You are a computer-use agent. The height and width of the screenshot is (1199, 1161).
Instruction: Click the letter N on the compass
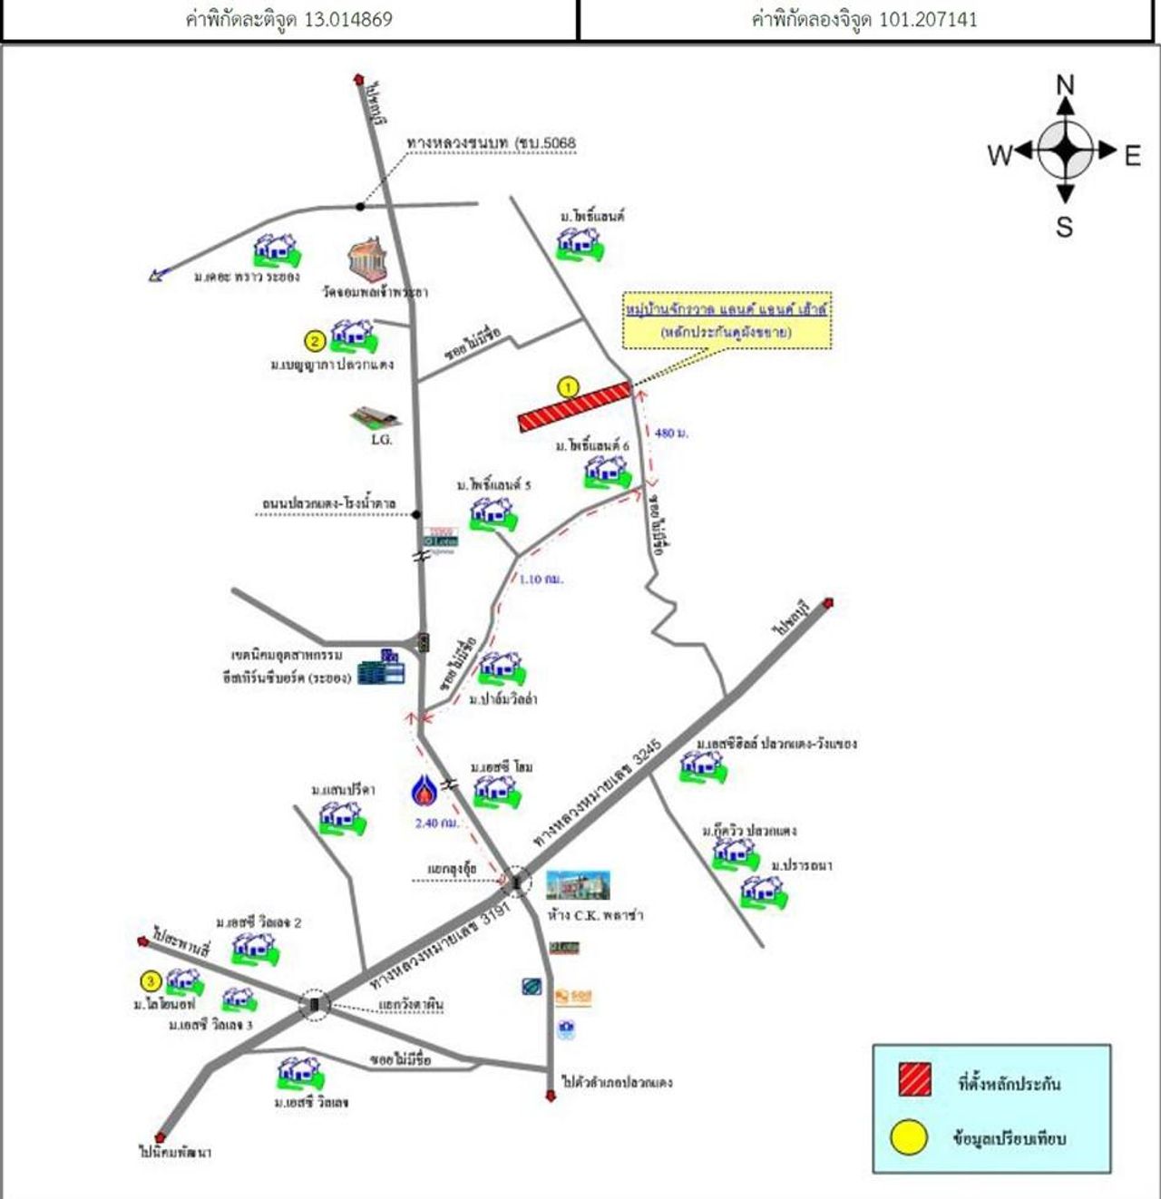pyautogui.click(x=1066, y=85)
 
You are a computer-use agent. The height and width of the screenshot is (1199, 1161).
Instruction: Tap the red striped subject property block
pyautogui.click(x=573, y=407)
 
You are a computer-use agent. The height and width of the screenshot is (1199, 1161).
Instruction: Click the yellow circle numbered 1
pyautogui.click(x=568, y=388)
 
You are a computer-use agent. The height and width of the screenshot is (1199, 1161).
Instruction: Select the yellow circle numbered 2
pyautogui.click(x=314, y=341)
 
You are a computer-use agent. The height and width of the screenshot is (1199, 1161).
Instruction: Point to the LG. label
pyautogui.click(x=381, y=440)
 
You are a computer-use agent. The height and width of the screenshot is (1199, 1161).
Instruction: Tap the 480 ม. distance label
pyautogui.click(x=671, y=434)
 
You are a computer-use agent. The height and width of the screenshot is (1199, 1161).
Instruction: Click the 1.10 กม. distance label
pyautogui.click(x=541, y=579)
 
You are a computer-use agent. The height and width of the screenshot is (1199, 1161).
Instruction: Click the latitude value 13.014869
pyautogui.click(x=347, y=19)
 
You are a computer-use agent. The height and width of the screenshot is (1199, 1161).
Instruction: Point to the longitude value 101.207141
pyautogui.click(x=928, y=19)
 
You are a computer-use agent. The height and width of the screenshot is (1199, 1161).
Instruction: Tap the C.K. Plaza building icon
pyautogui.click(x=578, y=885)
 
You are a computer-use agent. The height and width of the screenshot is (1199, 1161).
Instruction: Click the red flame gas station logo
pyautogui.click(x=424, y=791)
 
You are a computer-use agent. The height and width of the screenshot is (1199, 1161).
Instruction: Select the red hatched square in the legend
pyautogui.click(x=914, y=1081)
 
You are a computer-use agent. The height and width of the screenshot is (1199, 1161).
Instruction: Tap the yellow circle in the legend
pyautogui.click(x=909, y=1138)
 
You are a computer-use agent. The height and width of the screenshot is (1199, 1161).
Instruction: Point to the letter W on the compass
pyautogui.click(x=1000, y=156)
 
